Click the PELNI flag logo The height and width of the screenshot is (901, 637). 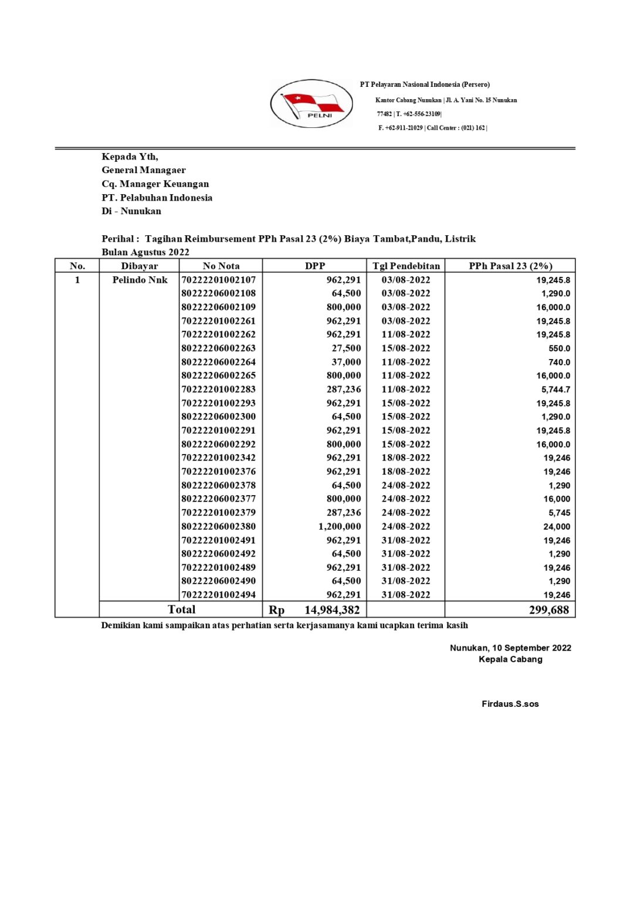pyautogui.click(x=311, y=104)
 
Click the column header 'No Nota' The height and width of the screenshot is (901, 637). pyautogui.click(x=221, y=266)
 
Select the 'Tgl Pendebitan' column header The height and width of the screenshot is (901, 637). pyautogui.click(x=406, y=266)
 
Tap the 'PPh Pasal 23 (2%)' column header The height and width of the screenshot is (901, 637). pyautogui.click(x=510, y=266)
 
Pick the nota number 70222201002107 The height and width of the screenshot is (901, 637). pyautogui.click(x=219, y=280)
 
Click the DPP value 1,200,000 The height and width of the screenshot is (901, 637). pyautogui.click(x=340, y=526)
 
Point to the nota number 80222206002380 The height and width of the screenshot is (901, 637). pyautogui.click(x=219, y=526)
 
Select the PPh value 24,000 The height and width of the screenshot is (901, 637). pyautogui.click(x=557, y=527)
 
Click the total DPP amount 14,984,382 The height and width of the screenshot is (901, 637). pyautogui.click(x=331, y=610)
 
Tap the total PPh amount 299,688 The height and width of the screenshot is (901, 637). pyautogui.click(x=548, y=610)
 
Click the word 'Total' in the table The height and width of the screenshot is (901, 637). pyautogui.click(x=182, y=609)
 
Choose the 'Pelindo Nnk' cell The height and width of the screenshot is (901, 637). pyautogui.click(x=140, y=280)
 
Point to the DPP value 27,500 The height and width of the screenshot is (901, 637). pyautogui.click(x=346, y=348)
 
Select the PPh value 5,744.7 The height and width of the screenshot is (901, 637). pyautogui.click(x=555, y=389)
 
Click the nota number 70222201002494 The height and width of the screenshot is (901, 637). pyautogui.click(x=219, y=595)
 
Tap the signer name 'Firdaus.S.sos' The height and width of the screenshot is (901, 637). pyautogui.click(x=510, y=704)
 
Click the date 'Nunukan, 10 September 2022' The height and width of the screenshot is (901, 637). pyautogui.click(x=510, y=648)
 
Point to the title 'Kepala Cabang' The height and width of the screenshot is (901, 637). pyautogui.click(x=510, y=659)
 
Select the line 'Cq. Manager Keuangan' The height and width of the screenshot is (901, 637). pyautogui.click(x=155, y=184)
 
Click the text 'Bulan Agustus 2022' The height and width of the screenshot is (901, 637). pyautogui.click(x=145, y=252)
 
